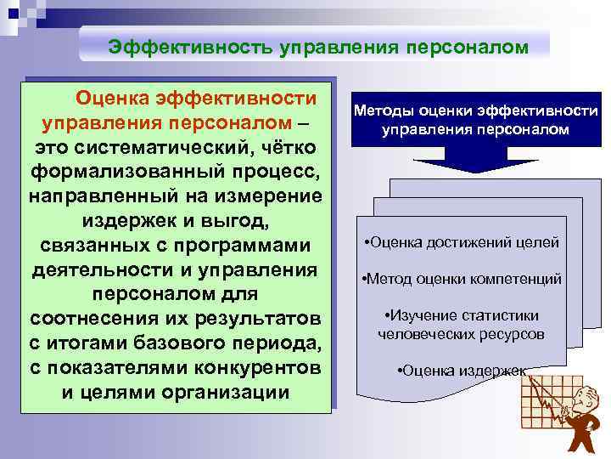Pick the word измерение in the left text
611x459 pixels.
click(x=272, y=196)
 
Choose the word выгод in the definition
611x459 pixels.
click(x=235, y=221)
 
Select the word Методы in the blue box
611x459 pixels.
click(x=380, y=111)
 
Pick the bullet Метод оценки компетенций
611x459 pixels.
click(x=462, y=279)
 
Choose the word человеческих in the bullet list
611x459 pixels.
click(x=421, y=333)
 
